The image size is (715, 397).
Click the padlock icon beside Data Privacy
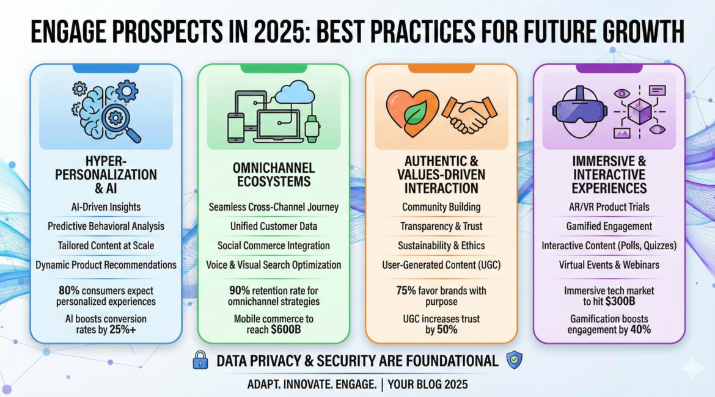point(200,360)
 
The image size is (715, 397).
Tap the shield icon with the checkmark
point(515,360)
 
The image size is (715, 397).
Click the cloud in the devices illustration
point(295,92)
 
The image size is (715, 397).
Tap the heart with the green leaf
point(413,112)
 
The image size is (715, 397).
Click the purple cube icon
point(640,111)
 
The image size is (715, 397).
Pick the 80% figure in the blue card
point(69,290)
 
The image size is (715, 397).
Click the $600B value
point(286,330)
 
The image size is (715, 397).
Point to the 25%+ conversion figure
point(123,330)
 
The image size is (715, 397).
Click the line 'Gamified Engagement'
point(609,226)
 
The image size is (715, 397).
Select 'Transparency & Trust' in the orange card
point(441,226)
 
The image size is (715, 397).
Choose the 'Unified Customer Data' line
point(274,226)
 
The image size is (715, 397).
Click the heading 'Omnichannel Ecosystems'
point(274,175)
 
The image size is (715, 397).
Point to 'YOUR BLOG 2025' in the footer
point(428,385)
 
